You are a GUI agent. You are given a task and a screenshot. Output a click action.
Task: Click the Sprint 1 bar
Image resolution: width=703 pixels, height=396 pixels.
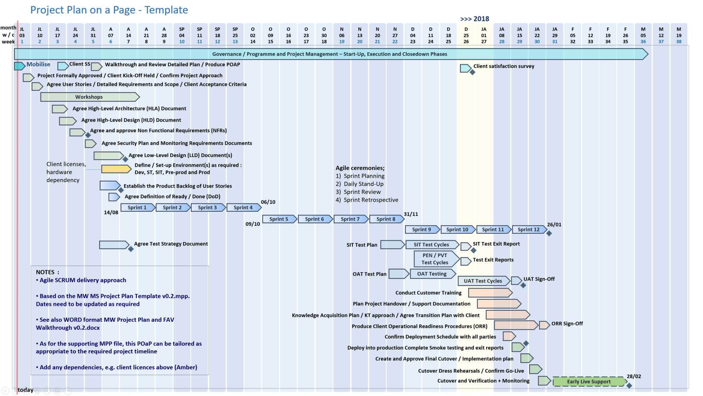(x=137, y=208)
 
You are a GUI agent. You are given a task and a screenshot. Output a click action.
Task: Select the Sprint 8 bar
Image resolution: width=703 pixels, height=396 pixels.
(x=386, y=219)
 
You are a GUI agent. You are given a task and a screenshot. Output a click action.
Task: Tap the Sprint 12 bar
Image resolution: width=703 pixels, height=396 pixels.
(x=529, y=230)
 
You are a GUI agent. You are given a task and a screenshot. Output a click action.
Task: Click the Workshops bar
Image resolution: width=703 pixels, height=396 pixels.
(x=89, y=97)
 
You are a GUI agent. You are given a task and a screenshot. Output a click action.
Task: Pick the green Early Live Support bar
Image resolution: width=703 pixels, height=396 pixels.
(x=589, y=382)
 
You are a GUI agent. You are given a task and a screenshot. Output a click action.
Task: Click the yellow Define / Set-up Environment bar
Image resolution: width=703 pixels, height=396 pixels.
(x=116, y=169)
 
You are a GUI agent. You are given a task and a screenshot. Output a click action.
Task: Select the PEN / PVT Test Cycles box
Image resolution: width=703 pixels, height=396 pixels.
(x=435, y=259)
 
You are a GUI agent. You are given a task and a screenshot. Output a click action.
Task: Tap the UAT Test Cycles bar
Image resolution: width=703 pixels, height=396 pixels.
(x=483, y=281)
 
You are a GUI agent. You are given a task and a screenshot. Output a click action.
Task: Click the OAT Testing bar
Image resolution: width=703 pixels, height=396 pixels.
(x=432, y=274)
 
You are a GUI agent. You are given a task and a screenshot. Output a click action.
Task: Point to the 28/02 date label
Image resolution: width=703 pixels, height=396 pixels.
(x=634, y=376)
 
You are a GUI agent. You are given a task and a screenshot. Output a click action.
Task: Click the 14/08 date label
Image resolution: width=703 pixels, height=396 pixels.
(x=111, y=212)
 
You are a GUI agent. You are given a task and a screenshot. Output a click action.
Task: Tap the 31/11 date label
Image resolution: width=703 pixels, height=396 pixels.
(x=411, y=214)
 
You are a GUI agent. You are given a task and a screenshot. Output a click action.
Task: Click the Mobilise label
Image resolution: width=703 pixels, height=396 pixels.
(x=38, y=64)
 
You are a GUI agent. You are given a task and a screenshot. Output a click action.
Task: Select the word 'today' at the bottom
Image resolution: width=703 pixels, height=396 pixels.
(x=25, y=390)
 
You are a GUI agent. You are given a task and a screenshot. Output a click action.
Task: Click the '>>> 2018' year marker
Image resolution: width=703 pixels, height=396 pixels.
(x=475, y=19)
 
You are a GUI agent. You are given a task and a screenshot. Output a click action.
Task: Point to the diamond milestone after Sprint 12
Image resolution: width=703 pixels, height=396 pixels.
(x=549, y=233)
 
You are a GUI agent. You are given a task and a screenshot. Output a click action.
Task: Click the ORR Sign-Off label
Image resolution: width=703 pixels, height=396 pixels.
(x=567, y=323)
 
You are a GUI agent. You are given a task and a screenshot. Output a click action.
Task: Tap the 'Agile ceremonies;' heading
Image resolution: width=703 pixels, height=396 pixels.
(x=360, y=168)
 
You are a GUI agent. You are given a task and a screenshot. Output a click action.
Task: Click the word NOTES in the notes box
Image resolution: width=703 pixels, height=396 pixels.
(x=45, y=272)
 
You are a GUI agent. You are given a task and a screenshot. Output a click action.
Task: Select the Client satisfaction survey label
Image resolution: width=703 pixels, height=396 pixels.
(x=504, y=66)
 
